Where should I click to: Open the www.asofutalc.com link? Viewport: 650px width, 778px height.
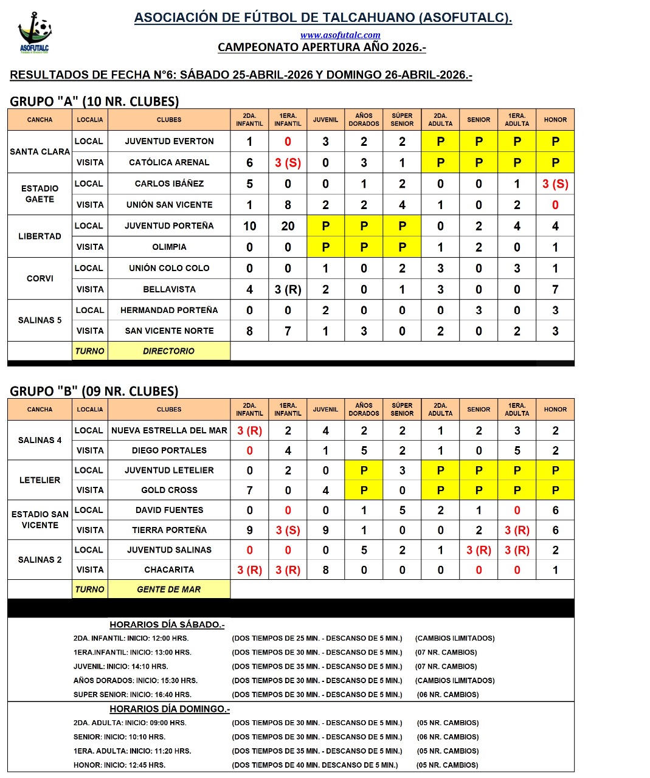click(340, 35)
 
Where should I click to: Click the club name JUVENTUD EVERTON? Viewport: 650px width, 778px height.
click(169, 141)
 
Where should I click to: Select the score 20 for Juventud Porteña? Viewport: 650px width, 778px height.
click(288, 226)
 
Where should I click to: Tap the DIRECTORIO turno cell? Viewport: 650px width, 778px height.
click(168, 351)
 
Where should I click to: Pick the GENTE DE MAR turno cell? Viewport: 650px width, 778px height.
click(168, 589)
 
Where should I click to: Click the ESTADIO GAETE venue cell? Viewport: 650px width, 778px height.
click(40, 194)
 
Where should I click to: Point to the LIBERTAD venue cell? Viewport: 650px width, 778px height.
click(40, 236)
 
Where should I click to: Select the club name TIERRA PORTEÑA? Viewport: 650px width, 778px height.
click(169, 530)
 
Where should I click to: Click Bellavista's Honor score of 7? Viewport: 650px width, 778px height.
click(555, 289)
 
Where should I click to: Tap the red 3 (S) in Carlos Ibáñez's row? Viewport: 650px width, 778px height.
click(555, 184)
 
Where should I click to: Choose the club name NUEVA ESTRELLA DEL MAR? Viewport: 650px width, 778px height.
click(169, 430)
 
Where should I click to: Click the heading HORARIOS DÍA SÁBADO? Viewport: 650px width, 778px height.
click(167, 624)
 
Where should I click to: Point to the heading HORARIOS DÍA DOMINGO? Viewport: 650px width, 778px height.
click(170, 709)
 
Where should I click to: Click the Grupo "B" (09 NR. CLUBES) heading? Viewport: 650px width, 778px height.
click(94, 391)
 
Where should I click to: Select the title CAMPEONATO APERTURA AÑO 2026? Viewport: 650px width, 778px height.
click(322, 47)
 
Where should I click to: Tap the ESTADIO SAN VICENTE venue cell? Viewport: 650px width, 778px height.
click(40, 520)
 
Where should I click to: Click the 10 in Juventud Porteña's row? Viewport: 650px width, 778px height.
click(249, 226)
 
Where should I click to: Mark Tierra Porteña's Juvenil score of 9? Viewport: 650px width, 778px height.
click(325, 530)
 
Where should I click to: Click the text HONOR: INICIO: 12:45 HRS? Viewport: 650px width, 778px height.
click(119, 765)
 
